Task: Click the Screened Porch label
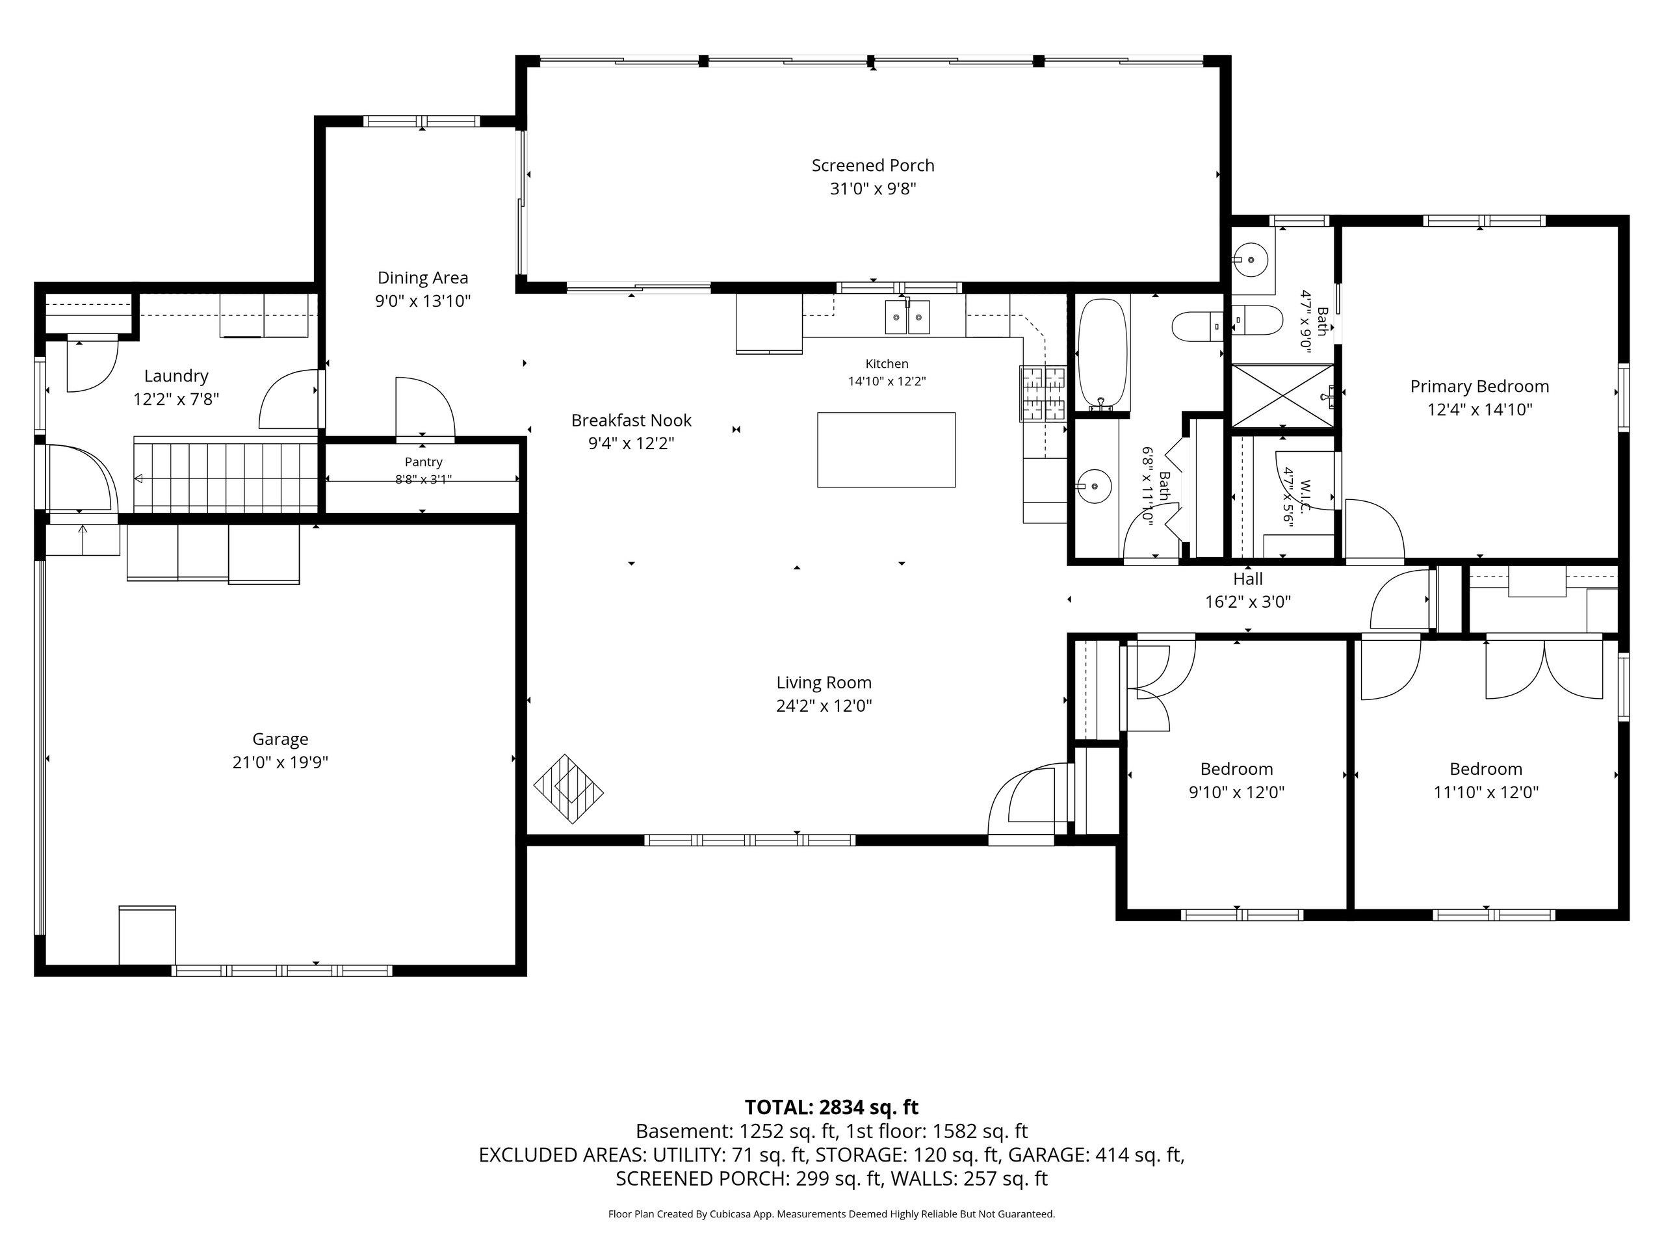pos(872,166)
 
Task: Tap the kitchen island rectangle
pos(886,450)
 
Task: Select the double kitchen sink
pos(907,317)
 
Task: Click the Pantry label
pos(424,462)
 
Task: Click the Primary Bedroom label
pos(1479,387)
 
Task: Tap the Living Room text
pos(824,682)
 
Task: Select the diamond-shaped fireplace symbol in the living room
pos(569,789)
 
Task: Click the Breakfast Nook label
pos(631,421)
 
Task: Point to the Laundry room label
pos(176,376)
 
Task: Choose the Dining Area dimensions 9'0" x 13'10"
pos(422,302)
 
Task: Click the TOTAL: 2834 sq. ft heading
pos(831,1108)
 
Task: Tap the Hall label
pos(1247,579)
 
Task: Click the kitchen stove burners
pos(1043,393)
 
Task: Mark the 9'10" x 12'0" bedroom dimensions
pos(1237,792)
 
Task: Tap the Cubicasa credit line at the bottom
pos(831,1214)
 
